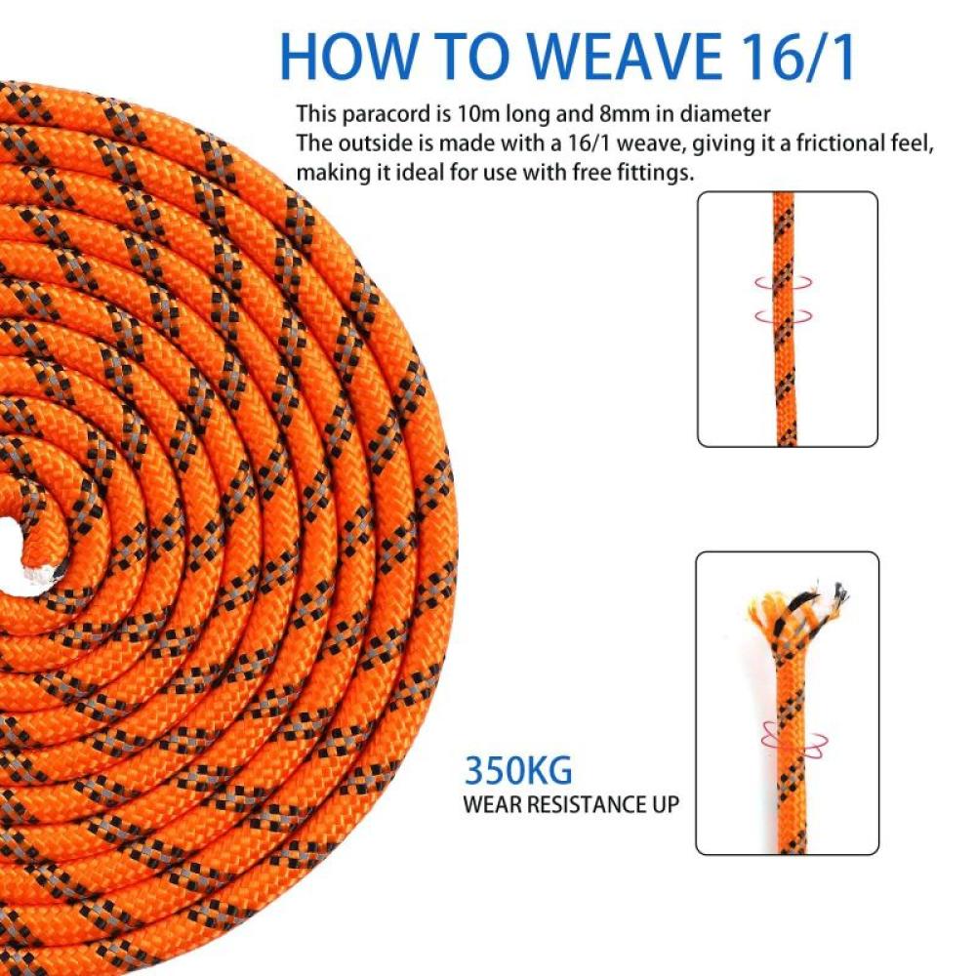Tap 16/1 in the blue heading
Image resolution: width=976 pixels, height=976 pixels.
coord(794,57)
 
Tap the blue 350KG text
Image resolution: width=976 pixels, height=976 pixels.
coord(518,771)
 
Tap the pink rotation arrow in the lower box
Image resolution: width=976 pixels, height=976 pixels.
coord(794,740)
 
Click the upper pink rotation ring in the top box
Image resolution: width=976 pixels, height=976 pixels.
coord(784,282)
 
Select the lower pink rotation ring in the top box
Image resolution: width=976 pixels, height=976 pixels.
coord(784,316)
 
